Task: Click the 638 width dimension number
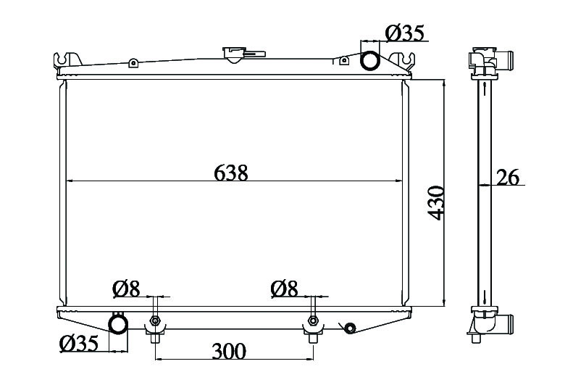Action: [x=230, y=173]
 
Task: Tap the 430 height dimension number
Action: [x=436, y=203]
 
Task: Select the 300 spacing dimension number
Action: [x=230, y=352]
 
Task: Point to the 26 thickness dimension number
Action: [x=507, y=178]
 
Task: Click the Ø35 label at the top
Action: [x=404, y=33]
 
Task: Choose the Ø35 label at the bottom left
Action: [x=79, y=344]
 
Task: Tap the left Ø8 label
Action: [x=127, y=289]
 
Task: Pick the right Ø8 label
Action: [x=284, y=289]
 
